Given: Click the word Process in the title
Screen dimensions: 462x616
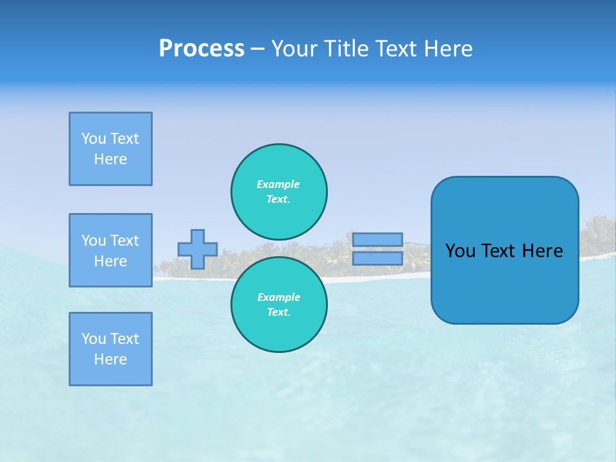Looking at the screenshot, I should pyautogui.click(x=201, y=49).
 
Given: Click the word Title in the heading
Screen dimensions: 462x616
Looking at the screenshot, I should pyautogui.click(x=344, y=49).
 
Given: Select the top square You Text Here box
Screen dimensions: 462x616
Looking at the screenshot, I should pyautogui.click(x=110, y=149).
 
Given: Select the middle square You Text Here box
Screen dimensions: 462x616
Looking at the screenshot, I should pyautogui.click(x=110, y=250).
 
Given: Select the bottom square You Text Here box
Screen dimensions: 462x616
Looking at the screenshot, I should pyautogui.click(x=110, y=349).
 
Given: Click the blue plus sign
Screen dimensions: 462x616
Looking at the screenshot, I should pyautogui.click(x=198, y=249).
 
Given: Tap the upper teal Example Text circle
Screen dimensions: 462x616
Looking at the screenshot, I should pyautogui.click(x=278, y=191).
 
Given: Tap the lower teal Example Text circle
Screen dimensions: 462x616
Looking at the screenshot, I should pyautogui.click(x=278, y=304).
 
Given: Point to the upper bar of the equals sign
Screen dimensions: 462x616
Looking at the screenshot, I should pyautogui.click(x=377, y=239).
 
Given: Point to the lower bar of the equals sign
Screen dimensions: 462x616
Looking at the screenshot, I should pyautogui.click(x=377, y=258).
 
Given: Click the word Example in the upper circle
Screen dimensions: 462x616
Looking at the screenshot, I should pyautogui.click(x=278, y=184).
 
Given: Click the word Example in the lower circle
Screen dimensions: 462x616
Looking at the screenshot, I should pyautogui.click(x=278, y=297).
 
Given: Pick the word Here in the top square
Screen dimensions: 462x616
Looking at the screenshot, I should pyautogui.click(x=110, y=159).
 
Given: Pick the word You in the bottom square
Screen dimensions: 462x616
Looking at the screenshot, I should pyautogui.click(x=94, y=339).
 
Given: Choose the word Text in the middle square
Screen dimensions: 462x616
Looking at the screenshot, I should pyautogui.click(x=124, y=241).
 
